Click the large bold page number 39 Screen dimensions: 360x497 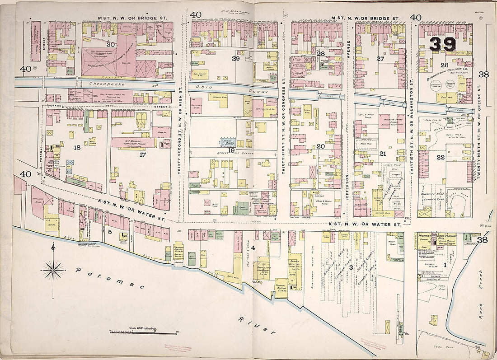pos(442,44)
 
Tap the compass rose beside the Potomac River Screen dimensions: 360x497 pos(53,270)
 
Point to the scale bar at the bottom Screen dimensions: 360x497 pos(143,333)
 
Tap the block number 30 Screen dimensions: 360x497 pos(111,44)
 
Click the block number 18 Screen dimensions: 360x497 pos(77,147)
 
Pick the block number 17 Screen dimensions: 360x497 pos(143,154)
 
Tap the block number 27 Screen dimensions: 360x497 pos(380,59)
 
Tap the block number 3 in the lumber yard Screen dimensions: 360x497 pos(351,268)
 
